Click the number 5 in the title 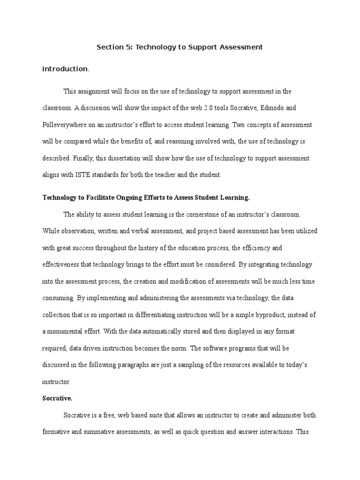click(128, 47)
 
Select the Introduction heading click(65, 69)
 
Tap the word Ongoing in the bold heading click(130, 197)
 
